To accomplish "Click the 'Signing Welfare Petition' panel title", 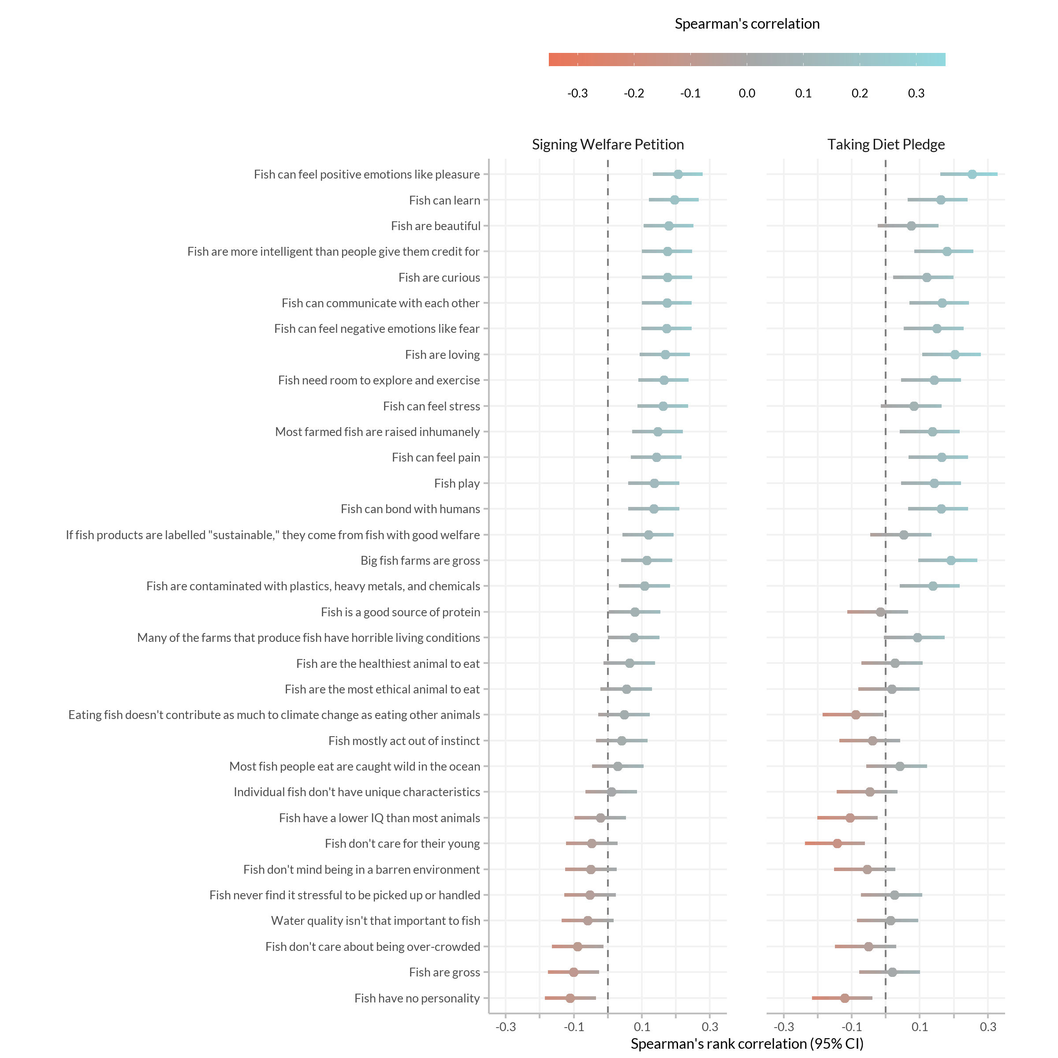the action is tap(608, 145).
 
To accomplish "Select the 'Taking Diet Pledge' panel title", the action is tap(886, 145).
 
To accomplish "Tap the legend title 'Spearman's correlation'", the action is tap(747, 24).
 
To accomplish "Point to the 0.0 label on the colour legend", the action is tap(747, 93).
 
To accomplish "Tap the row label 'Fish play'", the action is tap(457, 484).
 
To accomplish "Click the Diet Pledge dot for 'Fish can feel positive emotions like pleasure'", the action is tap(972, 174).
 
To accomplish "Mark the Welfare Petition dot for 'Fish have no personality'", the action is tap(570, 998).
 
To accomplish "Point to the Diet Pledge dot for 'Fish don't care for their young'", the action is tap(837, 843).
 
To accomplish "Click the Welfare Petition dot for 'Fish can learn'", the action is tap(674, 200).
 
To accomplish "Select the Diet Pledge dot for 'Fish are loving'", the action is tap(955, 355).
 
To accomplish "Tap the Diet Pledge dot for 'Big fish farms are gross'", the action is tap(951, 560).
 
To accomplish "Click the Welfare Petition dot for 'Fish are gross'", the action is tap(574, 972).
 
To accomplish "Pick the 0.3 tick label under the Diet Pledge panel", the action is tap(988, 1027).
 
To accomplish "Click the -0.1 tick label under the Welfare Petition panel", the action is tap(574, 1027).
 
